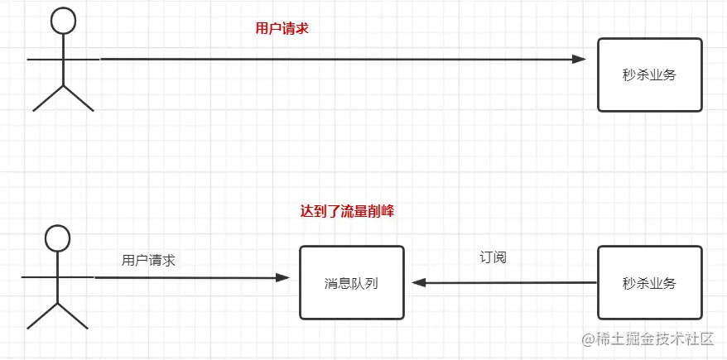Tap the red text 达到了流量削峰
click(346, 211)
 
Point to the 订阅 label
click(493, 257)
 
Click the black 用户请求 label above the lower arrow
click(148, 260)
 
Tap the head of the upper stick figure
click(63, 22)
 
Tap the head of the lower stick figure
click(57, 238)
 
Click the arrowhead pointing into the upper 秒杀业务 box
click(579, 59)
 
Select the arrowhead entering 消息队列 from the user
click(283, 277)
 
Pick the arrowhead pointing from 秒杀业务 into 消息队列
click(420, 283)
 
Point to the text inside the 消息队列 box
click(351, 283)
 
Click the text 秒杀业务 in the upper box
click(649, 74)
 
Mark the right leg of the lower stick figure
click(72, 315)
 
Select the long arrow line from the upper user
click(331, 59)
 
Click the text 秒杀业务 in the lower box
click(649, 283)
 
